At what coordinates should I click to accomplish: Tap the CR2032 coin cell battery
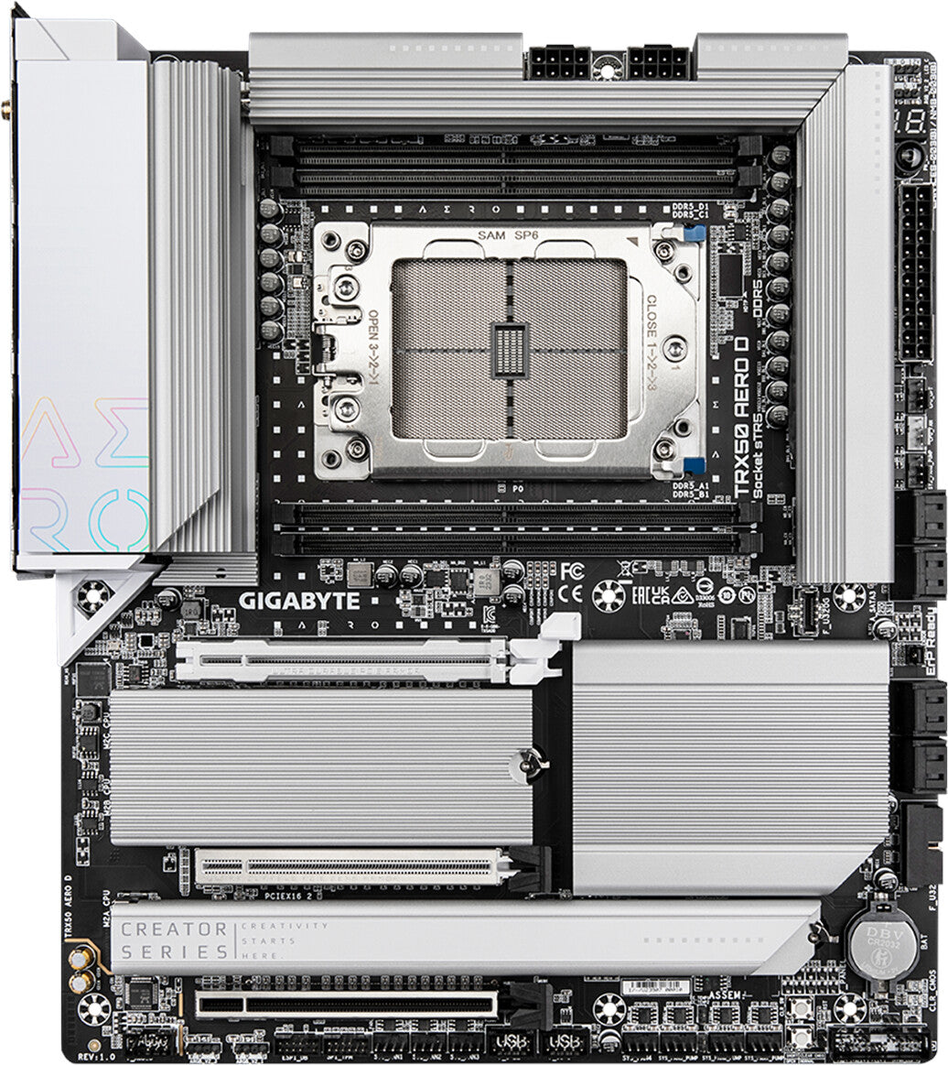coord(882,942)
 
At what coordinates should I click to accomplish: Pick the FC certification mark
coord(572,570)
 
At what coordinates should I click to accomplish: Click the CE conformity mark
coord(571,592)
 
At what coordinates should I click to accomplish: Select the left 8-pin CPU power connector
coord(557,63)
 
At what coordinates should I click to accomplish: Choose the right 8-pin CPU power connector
coord(657,63)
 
